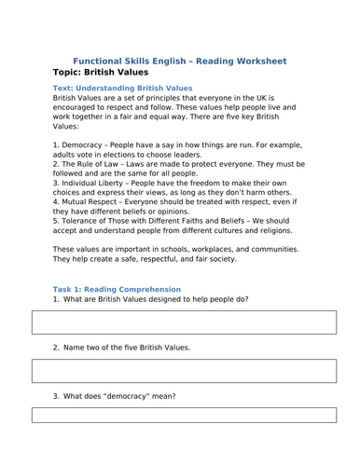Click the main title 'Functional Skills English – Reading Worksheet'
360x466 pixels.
pos(180,61)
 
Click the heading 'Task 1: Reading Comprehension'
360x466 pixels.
pos(117,290)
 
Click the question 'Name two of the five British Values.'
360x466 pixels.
pos(127,347)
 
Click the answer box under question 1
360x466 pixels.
pos(180,322)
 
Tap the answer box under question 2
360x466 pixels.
pos(180,371)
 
